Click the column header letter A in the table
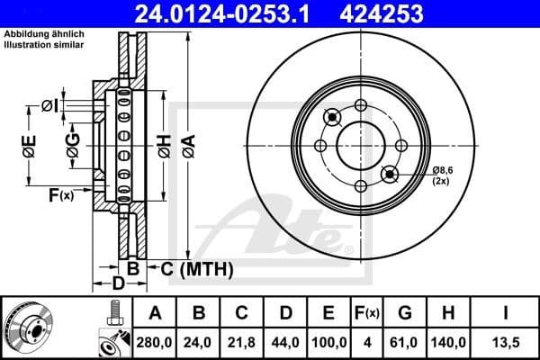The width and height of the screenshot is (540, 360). coord(154,312)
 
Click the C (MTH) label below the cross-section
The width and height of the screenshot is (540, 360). coord(196,268)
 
